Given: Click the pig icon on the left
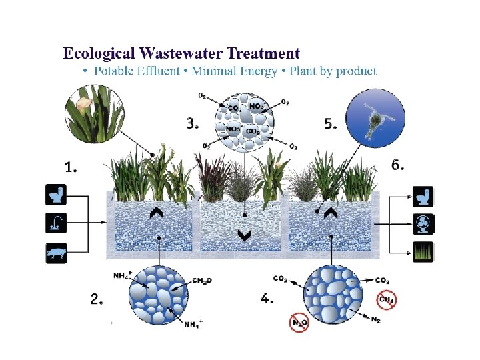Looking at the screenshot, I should click(x=55, y=253).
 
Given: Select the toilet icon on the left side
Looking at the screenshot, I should click(x=55, y=195).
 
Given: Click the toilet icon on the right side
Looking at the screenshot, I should click(x=423, y=197).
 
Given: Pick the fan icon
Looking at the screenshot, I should click(x=423, y=224).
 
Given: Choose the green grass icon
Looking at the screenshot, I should click(x=423, y=252).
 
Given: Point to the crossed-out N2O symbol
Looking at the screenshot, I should click(x=299, y=323).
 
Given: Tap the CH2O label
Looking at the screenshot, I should click(x=201, y=281).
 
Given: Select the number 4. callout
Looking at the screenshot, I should click(x=267, y=299).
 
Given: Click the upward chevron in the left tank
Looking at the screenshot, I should click(x=158, y=213).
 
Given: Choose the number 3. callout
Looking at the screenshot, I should click(x=193, y=123).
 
